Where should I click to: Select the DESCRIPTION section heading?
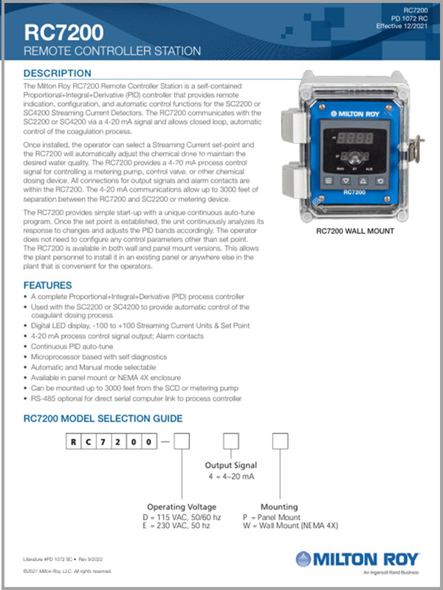point(58,74)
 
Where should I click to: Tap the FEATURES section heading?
point(47,285)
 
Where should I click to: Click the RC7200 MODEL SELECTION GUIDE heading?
point(103,418)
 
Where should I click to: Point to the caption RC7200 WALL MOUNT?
point(354,231)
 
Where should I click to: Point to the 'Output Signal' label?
point(230,465)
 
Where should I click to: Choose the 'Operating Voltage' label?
point(182,507)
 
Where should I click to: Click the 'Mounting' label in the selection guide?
point(279,507)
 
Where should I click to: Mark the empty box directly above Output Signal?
point(231,442)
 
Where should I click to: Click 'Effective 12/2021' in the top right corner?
point(404,26)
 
